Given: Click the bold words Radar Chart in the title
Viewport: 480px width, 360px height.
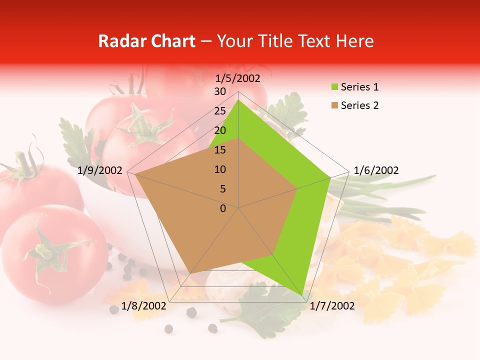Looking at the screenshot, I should coord(146,41).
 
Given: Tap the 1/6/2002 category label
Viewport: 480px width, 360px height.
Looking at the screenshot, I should coord(376,170).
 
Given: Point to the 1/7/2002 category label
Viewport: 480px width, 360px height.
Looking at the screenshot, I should coord(332,305).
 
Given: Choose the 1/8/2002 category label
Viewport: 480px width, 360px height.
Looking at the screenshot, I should coord(144,305).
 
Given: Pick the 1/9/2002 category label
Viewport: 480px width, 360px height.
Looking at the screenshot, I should coord(100,170).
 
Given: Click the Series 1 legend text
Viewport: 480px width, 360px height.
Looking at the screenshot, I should coord(359,87).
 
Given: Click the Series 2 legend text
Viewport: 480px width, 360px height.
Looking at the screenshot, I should coord(359,105).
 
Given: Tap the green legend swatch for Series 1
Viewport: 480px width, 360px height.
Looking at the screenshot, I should coord(334,87).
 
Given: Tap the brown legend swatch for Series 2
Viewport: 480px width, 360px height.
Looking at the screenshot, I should coord(334,106).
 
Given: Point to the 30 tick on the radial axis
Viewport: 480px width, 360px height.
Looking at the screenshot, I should coord(220,91).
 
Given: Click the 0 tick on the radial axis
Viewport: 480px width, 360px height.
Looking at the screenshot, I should coord(223,208).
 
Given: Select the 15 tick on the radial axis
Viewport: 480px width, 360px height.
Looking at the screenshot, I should coord(220,150).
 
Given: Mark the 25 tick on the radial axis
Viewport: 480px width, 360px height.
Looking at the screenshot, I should coord(220,111).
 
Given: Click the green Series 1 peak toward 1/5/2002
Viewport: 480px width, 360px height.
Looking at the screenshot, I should coord(238,100).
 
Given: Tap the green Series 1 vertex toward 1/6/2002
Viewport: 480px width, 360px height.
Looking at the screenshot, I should coord(330,177).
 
